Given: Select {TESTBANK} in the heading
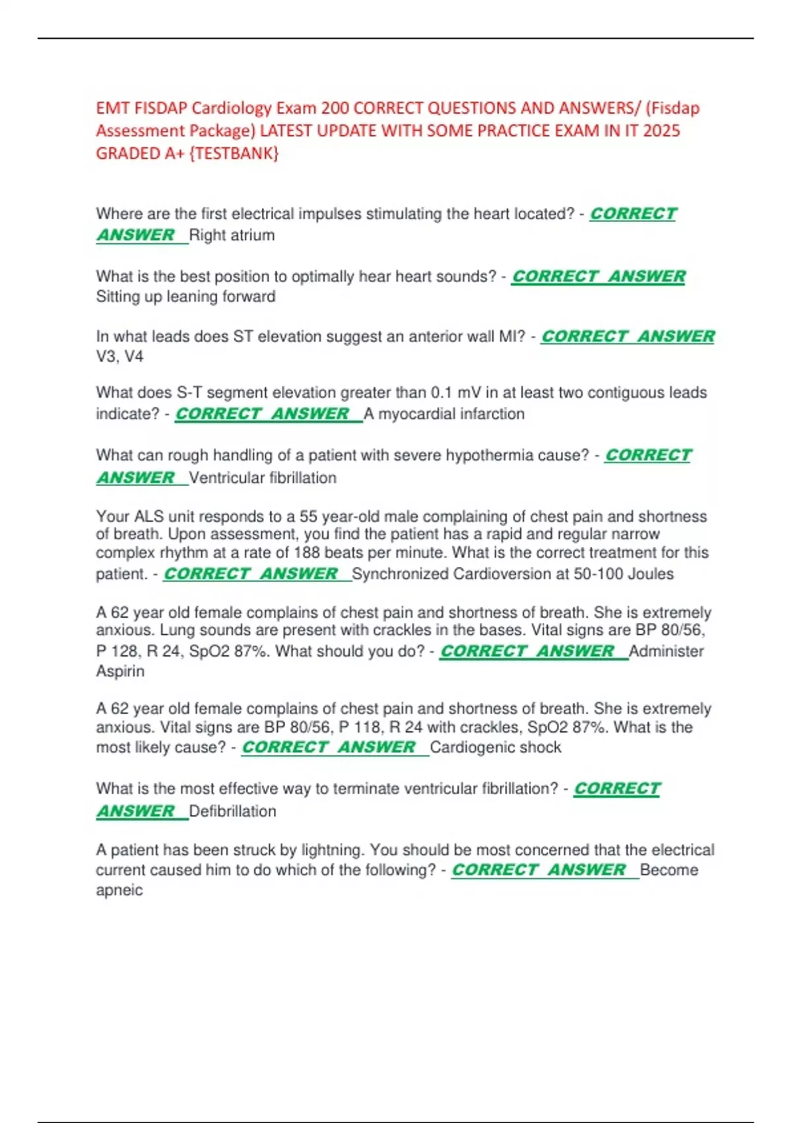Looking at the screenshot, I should (234, 153).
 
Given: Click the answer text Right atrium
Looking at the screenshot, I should (232, 235).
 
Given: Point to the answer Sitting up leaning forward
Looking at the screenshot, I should (185, 297).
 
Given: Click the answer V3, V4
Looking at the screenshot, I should (119, 357).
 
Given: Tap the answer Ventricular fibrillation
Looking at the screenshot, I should (263, 478).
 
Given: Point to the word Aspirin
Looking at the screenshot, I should (120, 671).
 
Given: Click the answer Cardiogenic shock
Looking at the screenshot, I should (495, 747).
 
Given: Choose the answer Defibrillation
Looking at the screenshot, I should (232, 811).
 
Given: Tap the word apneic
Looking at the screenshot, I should (119, 890).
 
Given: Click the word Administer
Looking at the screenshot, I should (666, 651).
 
